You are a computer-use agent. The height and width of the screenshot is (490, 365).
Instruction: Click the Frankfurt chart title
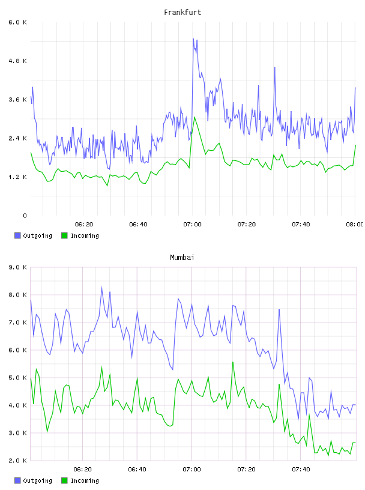click(182, 13)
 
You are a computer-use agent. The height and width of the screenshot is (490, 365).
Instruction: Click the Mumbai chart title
click(182, 258)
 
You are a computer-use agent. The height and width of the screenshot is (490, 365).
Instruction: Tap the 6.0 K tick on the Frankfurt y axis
click(17, 22)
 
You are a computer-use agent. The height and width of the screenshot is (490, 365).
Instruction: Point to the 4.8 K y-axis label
click(17, 61)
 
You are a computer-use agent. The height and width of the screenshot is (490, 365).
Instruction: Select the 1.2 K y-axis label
click(17, 177)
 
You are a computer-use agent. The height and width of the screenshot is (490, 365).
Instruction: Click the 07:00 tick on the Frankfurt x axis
click(192, 225)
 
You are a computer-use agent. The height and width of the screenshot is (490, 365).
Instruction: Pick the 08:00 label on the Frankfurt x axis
click(355, 225)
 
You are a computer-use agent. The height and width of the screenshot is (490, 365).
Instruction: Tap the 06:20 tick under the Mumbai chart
click(82, 470)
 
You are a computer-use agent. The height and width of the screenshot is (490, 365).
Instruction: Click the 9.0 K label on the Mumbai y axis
click(17, 267)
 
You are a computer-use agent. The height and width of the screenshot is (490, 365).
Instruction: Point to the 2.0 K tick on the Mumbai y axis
click(17, 461)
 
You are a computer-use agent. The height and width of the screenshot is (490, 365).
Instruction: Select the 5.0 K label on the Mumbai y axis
click(17, 378)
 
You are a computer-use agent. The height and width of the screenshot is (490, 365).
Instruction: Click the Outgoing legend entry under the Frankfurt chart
click(34, 235)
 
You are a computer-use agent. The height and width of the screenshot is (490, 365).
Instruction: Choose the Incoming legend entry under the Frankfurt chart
click(80, 235)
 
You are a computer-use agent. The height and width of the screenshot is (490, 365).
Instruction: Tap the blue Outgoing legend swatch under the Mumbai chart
click(17, 480)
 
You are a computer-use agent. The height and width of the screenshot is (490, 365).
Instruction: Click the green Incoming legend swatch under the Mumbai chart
click(64, 480)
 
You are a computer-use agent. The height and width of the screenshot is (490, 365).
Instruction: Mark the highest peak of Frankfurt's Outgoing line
click(193, 39)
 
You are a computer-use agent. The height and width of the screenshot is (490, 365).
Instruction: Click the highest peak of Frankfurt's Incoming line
click(195, 117)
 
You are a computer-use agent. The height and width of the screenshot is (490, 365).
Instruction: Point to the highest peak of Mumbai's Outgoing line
click(102, 287)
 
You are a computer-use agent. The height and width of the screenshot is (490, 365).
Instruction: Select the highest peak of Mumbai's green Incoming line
click(233, 362)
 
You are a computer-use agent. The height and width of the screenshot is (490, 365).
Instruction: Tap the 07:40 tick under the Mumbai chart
click(301, 470)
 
